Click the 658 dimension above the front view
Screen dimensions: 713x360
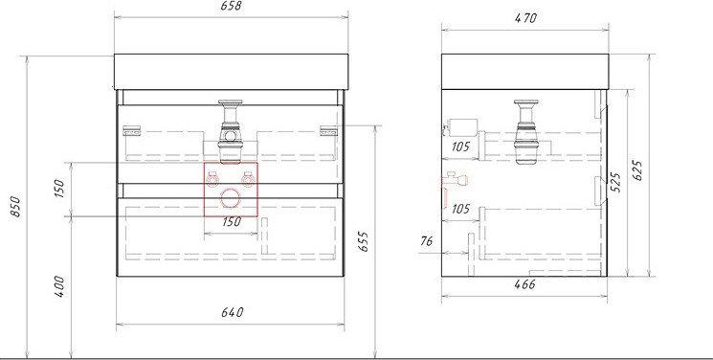pyautogui.click(x=231, y=7)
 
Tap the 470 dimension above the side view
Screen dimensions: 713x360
pyautogui.click(x=525, y=18)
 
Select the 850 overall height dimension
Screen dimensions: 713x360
pyautogui.click(x=15, y=207)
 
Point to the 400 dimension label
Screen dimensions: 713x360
pyautogui.click(x=59, y=286)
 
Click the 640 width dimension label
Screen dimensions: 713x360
pyautogui.click(x=233, y=313)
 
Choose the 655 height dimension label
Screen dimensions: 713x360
pyautogui.click(x=363, y=241)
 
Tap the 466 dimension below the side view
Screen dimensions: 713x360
pyautogui.click(x=524, y=285)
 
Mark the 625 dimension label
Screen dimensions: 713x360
pyautogui.click(x=637, y=170)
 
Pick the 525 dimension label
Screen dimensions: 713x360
pyautogui.click(x=614, y=183)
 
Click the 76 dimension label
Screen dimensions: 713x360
pyautogui.click(x=427, y=240)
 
